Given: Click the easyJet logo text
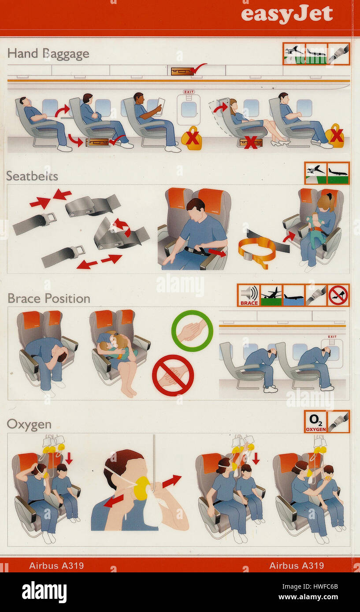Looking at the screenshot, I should click(287, 15).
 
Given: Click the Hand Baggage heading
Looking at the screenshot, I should click(48, 54).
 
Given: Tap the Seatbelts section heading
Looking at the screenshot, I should click(32, 176).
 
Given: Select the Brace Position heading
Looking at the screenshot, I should click(48, 299).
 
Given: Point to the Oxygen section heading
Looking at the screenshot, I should click(29, 424).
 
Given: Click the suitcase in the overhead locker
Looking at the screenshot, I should click(182, 71).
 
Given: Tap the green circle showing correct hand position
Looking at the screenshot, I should click(192, 331).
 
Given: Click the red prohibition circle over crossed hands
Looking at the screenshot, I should click(173, 375).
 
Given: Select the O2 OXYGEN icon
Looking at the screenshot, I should click(315, 422).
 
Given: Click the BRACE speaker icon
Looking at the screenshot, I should click(249, 295).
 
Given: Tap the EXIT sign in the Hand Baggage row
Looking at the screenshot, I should click(189, 92).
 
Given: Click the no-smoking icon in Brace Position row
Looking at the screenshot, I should click(338, 295).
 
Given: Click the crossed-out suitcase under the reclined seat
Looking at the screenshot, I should click(251, 143).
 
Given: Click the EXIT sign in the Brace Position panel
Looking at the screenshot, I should click(332, 337).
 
